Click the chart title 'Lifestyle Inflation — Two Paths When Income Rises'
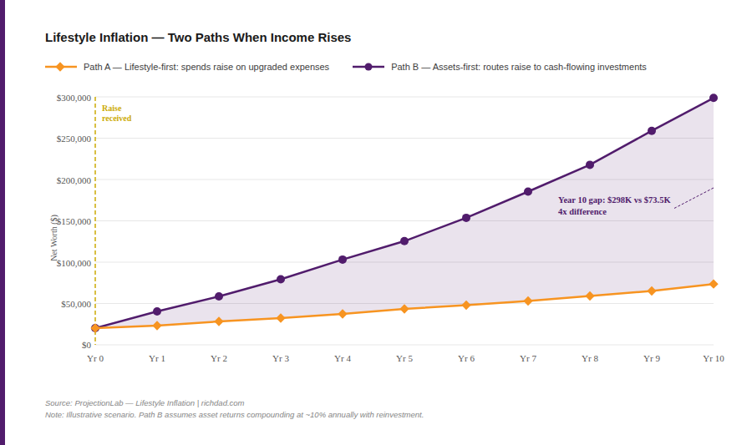click(198, 38)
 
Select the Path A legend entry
click(187, 67)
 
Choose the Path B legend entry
click(500, 67)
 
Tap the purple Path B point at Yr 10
click(714, 98)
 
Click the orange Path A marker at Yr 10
click(714, 284)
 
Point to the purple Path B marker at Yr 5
click(404, 241)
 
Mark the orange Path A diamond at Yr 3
click(281, 318)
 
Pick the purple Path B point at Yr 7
click(528, 192)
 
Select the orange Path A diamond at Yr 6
click(466, 305)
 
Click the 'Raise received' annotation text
click(116, 114)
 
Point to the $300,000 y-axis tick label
click(74, 98)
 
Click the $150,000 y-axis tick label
click(74, 221)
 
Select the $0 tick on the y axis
click(85, 345)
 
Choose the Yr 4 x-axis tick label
click(343, 359)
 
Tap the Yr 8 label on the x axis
click(590, 359)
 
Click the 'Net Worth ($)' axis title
click(54, 237)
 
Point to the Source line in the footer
click(145, 403)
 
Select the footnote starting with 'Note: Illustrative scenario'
click(234, 415)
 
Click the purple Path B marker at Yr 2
click(219, 296)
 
